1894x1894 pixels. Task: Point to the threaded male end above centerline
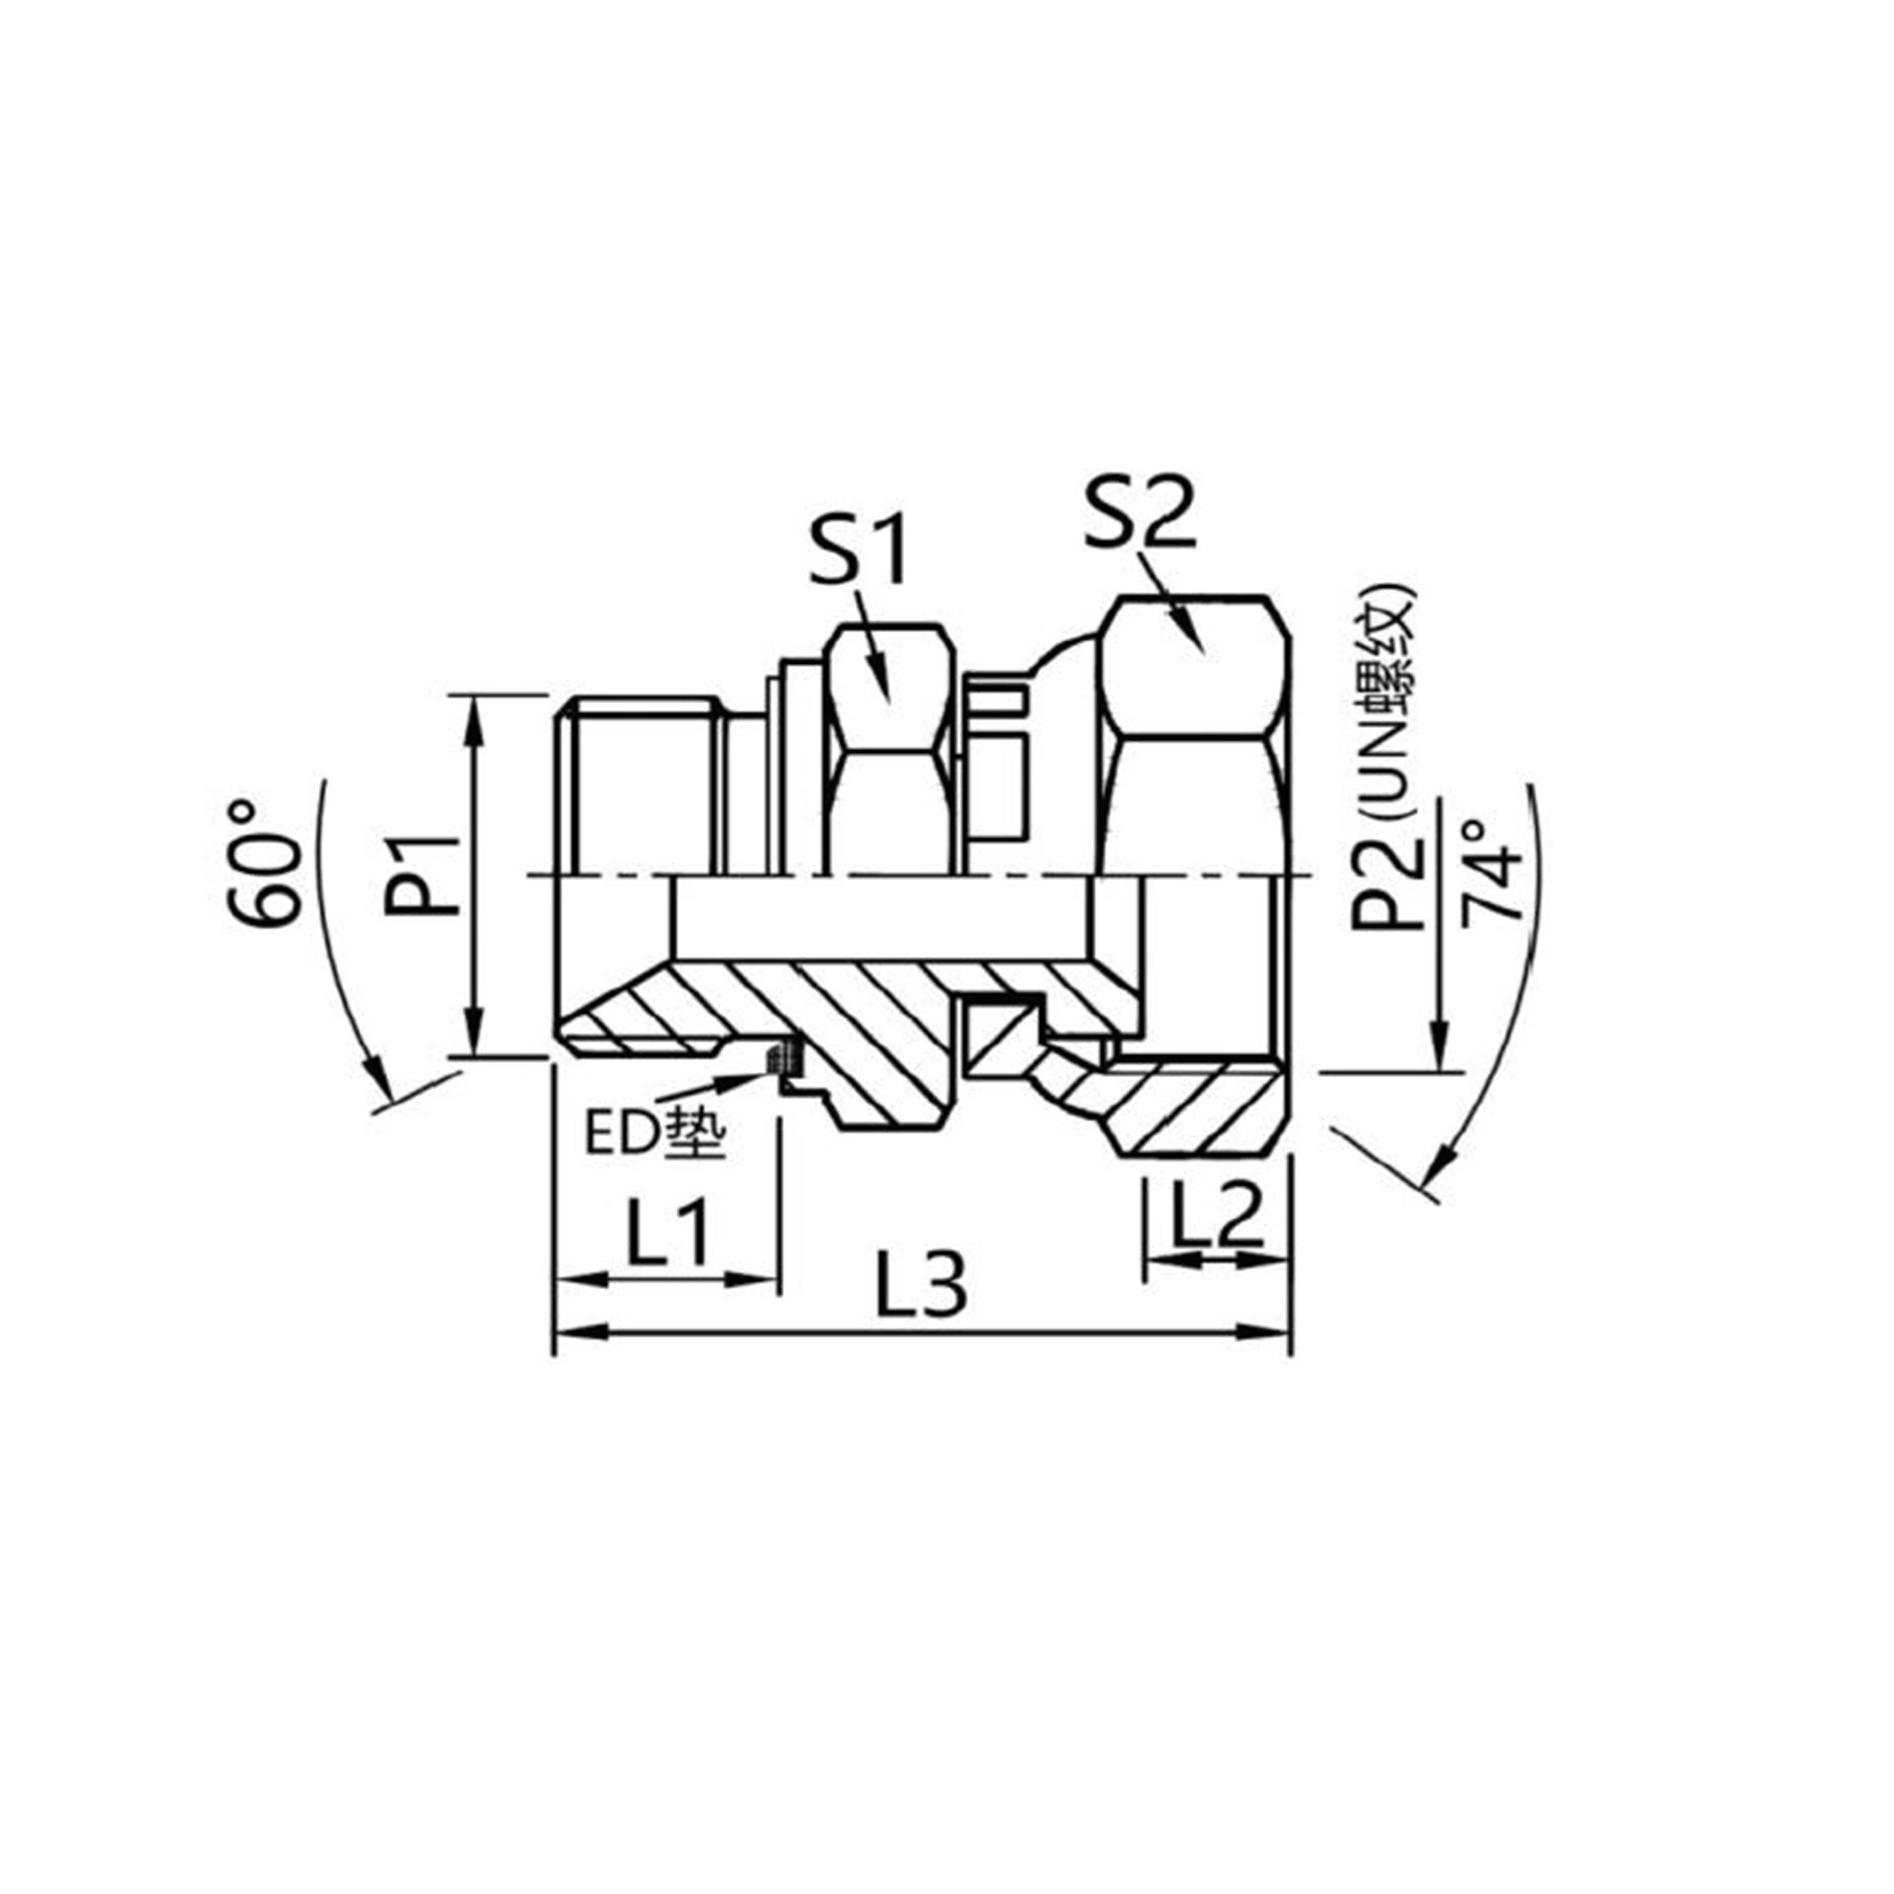[x=642, y=784]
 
